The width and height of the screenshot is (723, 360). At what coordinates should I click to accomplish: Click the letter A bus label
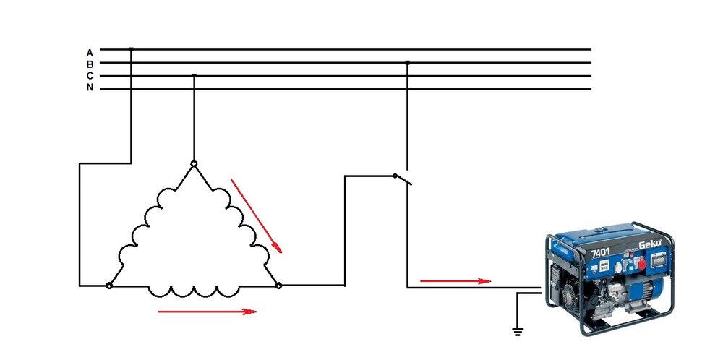point(90,53)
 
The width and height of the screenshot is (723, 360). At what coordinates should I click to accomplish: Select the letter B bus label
point(90,64)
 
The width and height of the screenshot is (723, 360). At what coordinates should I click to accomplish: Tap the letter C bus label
point(90,76)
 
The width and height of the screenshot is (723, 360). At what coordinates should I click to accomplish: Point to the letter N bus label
point(90,87)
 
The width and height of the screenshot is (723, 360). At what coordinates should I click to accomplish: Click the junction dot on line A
point(131,49)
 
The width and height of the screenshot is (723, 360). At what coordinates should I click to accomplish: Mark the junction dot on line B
point(407,63)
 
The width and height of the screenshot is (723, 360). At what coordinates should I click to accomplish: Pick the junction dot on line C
point(194,75)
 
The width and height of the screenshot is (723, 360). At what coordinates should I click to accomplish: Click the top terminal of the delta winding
point(194,164)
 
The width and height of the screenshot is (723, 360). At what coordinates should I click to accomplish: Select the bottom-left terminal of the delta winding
point(109,286)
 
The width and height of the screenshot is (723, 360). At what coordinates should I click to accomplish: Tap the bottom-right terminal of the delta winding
point(278,286)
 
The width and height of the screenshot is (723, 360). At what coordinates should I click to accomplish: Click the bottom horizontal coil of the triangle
point(194,290)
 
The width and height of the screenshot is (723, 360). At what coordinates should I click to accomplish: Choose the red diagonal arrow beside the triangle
point(256,215)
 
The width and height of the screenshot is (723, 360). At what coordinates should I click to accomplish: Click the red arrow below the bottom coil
point(207,312)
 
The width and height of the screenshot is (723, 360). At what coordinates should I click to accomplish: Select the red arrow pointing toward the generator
point(455,280)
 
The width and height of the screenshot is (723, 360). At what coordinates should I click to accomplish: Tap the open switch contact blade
point(402,179)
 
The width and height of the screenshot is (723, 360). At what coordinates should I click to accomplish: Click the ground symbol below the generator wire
point(517,332)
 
